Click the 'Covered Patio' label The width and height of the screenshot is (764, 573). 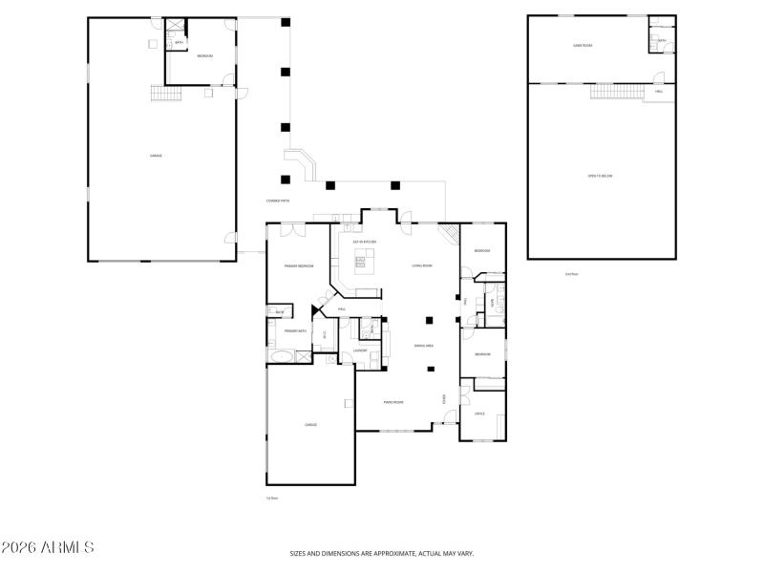coord(278,201)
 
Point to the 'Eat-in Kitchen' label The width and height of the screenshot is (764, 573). coord(365,242)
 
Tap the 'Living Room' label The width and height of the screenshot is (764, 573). coord(422,265)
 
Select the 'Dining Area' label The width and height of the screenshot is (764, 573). coord(425,346)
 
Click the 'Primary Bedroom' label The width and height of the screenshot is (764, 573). coord(298,265)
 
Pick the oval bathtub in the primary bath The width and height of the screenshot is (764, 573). coord(281,357)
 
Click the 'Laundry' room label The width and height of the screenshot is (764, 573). coord(360,350)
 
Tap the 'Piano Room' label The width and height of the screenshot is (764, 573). coord(393,402)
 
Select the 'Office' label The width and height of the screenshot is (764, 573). coord(480,414)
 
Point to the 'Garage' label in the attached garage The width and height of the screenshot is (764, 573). coord(310,425)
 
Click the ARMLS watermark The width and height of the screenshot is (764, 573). coord(48,548)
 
